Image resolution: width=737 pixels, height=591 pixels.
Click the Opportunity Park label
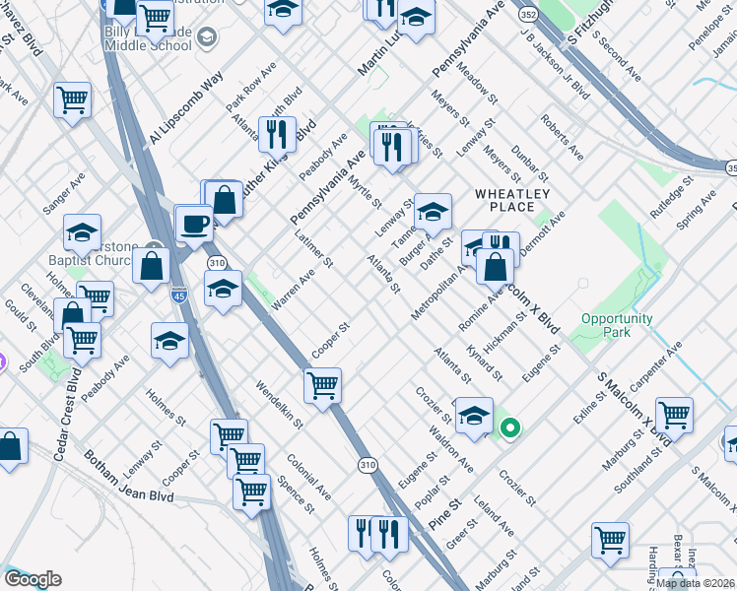pyautogui.click(x=617, y=325)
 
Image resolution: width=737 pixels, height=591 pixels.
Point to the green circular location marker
pyautogui.click(x=509, y=427)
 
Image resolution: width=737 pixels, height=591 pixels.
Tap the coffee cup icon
pyautogui.click(x=193, y=223)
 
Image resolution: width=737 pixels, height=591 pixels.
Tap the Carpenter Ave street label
pyautogui.click(x=659, y=363)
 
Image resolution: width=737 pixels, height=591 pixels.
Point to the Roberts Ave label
pyautogui.click(x=561, y=138)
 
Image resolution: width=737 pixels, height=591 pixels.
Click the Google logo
pyautogui.click(x=33, y=579)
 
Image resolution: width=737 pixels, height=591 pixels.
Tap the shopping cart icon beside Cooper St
pyautogui.click(x=322, y=385)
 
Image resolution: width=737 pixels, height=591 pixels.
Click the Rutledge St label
pyautogui.click(x=671, y=194)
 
